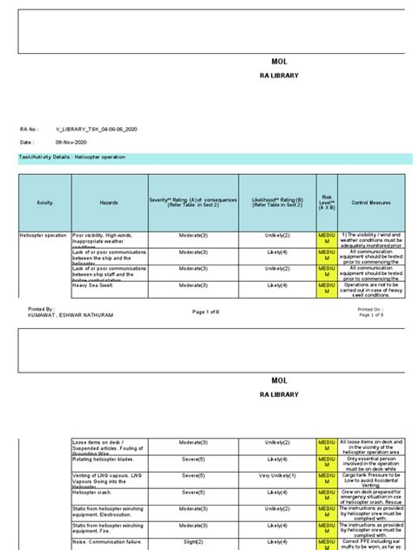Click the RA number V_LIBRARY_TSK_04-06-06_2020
(x=95, y=129)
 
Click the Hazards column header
(x=109, y=202)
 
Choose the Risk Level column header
(x=328, y=202)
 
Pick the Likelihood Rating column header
(x=271, y=202)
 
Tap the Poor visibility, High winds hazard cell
(x=108, y=239)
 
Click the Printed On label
(x=369, y=309)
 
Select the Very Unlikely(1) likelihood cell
(x=271, y=476)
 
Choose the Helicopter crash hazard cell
(x=97, y=492)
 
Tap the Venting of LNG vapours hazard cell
(x=108, y=476)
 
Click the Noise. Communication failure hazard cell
(x=108, y=541)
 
